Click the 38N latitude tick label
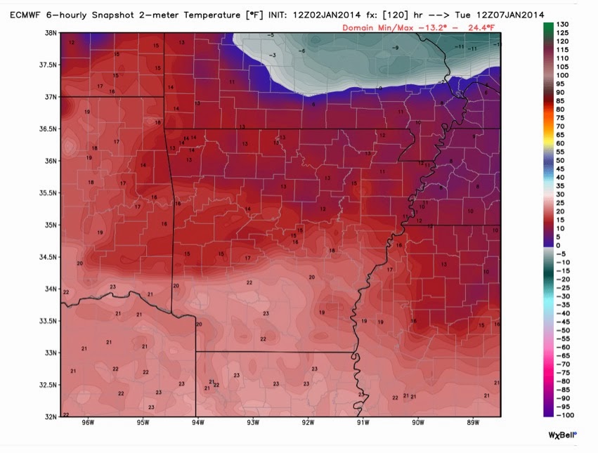tap(51, 32)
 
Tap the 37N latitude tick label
tap(51, 96)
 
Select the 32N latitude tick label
tap(51, 416)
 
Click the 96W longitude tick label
tap(88, 423)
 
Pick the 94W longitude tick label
tap(197, 423)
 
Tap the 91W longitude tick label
tap(363, 423)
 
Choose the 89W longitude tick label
tap(472, 423)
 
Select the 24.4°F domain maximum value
tap(480, 27)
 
